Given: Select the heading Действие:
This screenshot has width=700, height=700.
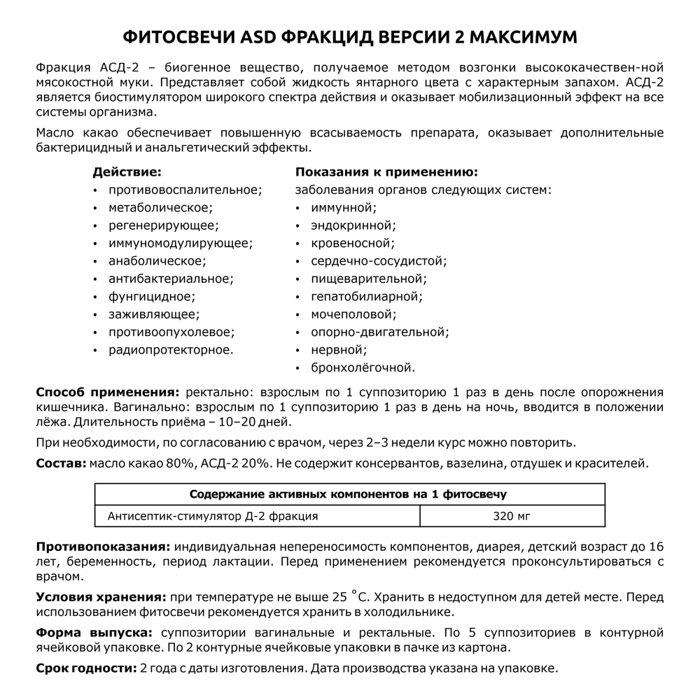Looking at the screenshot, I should (x=127, y=171).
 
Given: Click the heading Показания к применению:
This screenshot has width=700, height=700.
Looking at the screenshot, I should (x=386, y=171).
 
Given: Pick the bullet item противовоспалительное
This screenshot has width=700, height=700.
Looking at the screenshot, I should (x=185, y=190).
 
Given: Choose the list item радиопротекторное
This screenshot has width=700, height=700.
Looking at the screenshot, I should (x=171, y=349).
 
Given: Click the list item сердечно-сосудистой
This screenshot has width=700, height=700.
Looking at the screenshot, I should (x=379, y=261).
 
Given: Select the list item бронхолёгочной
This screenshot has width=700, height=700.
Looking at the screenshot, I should (x=363, y=367).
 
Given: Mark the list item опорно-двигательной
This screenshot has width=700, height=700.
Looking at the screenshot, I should (x=380, y=332).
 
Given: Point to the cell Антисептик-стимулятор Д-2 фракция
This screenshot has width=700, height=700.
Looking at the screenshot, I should (x=213, y=516).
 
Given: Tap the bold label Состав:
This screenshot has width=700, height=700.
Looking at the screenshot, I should (x=61, y=463).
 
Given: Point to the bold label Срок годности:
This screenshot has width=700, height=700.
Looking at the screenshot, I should (x=86, y=668).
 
